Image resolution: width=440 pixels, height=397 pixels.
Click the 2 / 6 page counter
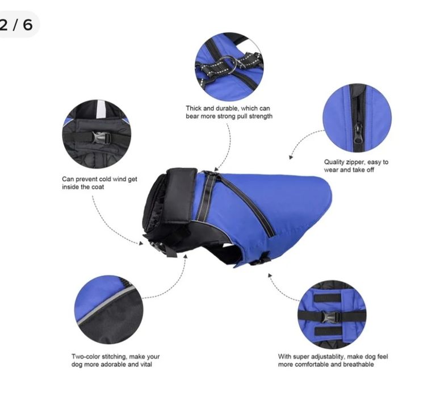click(x=16, y=25)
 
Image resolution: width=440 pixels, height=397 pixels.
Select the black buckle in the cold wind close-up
click(x=101, y=138)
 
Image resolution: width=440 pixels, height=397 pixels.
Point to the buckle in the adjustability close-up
click(x=332, y=317)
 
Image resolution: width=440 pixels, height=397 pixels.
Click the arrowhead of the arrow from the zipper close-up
click(x=291, y=157)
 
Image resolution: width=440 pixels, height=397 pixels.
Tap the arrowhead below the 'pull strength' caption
click(x=216, y=169)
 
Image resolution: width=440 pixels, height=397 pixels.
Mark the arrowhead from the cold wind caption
click(x=141, y=243)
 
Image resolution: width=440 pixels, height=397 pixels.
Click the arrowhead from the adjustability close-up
click(x=270, y=275)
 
